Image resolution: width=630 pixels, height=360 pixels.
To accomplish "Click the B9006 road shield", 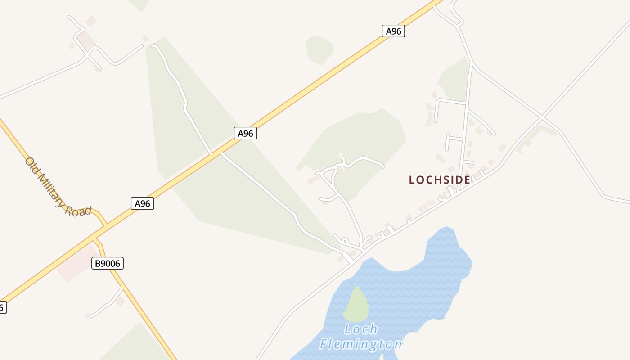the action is (x=108, y=263).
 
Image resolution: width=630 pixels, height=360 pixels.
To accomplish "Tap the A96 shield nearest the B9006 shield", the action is (x=142, y=203).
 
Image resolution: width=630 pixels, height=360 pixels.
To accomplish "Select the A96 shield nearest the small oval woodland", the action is (x=393, y=31).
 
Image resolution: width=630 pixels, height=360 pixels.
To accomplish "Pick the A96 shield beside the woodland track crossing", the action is (x=245, y=133).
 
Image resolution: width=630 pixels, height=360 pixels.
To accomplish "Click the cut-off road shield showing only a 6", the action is (x=2, y=308).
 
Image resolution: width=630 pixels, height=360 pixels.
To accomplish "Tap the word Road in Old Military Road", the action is (x=79, y=211).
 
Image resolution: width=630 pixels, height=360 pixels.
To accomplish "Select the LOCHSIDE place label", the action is (x=439, y=180).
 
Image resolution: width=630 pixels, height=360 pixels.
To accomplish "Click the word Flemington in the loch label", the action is (x=361, y=345).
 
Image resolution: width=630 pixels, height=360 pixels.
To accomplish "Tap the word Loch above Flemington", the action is (x=361, y=329).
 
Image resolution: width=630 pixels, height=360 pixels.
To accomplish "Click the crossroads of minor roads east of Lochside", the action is (x=543, y=117).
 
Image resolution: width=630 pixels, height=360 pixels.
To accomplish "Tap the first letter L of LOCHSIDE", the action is (x=412, y=180).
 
